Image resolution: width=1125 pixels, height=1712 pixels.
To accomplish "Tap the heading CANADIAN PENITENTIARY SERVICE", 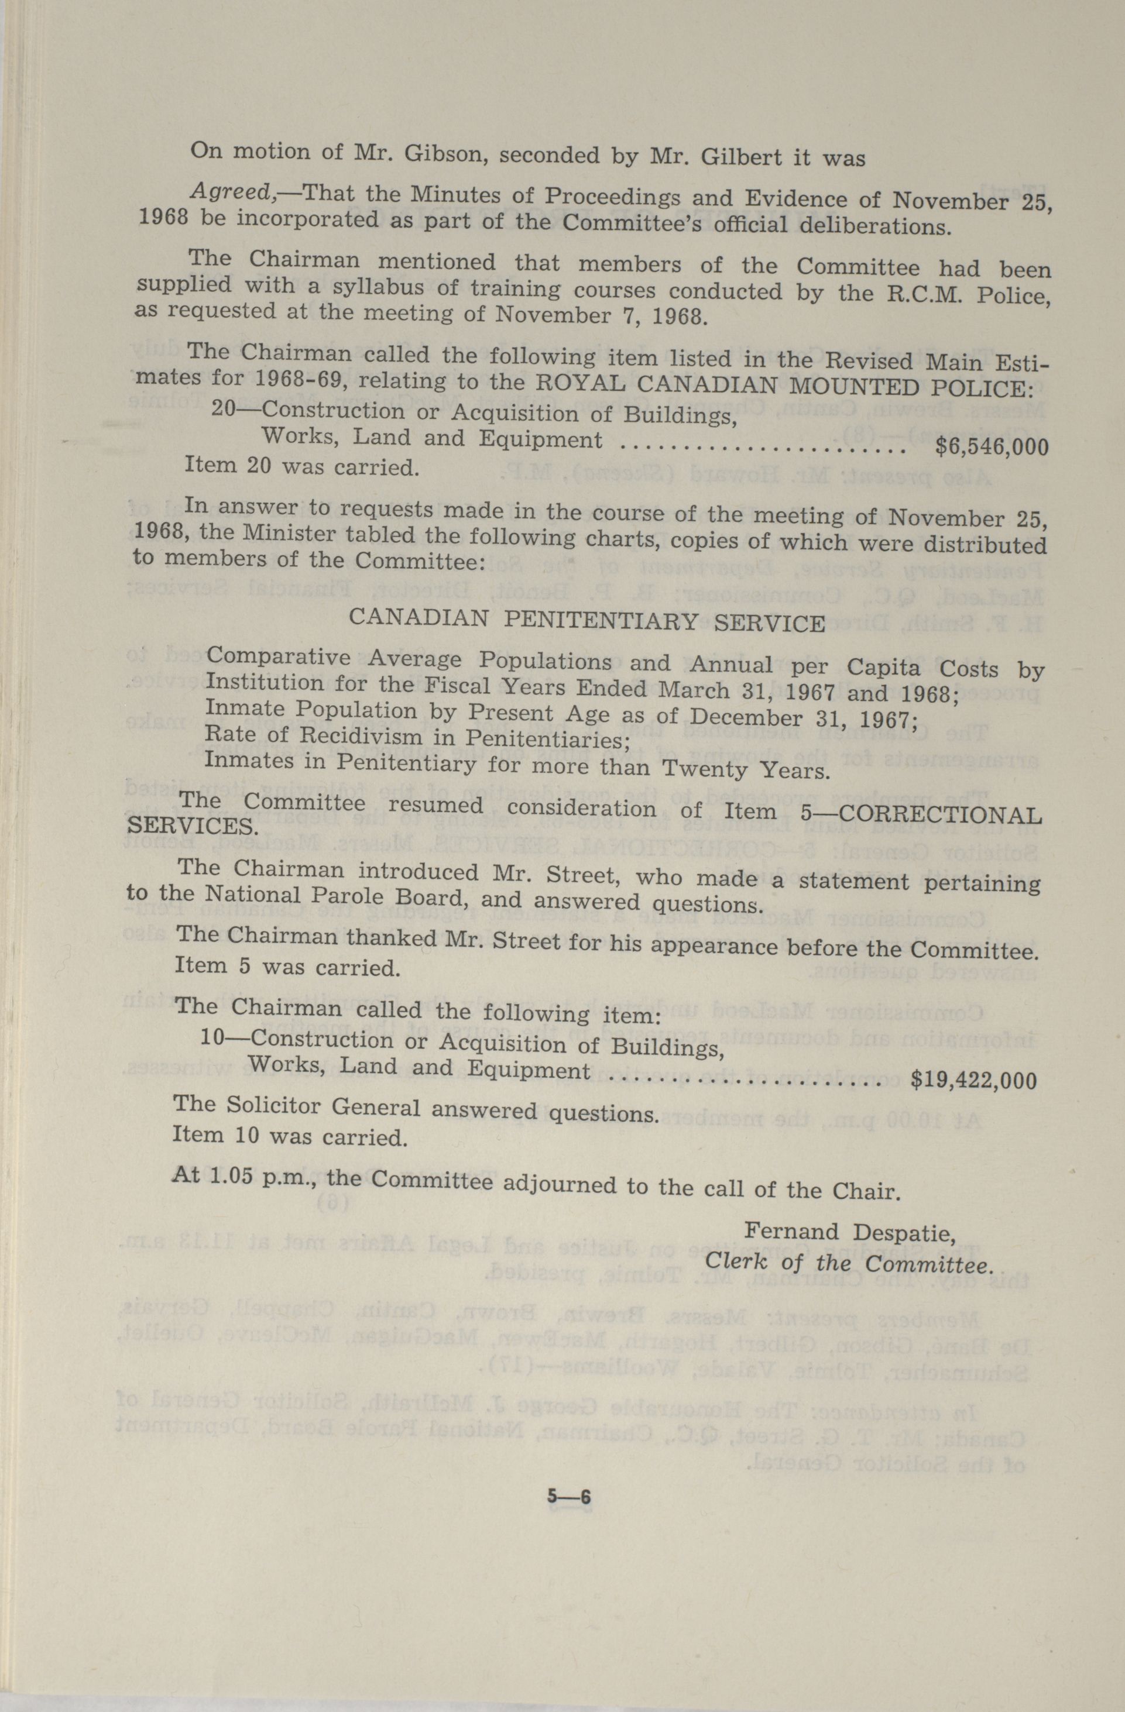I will pyautogui.click(x=586, y=620).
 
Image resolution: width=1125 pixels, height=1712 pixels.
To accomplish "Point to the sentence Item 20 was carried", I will pyautogui.click(x=301, y=467).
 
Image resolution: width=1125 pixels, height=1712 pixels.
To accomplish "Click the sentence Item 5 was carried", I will pyautogui.click(x=286, y=965).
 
